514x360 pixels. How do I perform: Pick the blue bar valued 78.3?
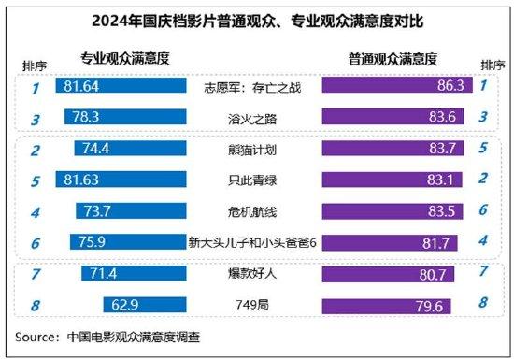(x=121, y=118)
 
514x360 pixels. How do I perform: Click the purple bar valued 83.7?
(x=393, y=151)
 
